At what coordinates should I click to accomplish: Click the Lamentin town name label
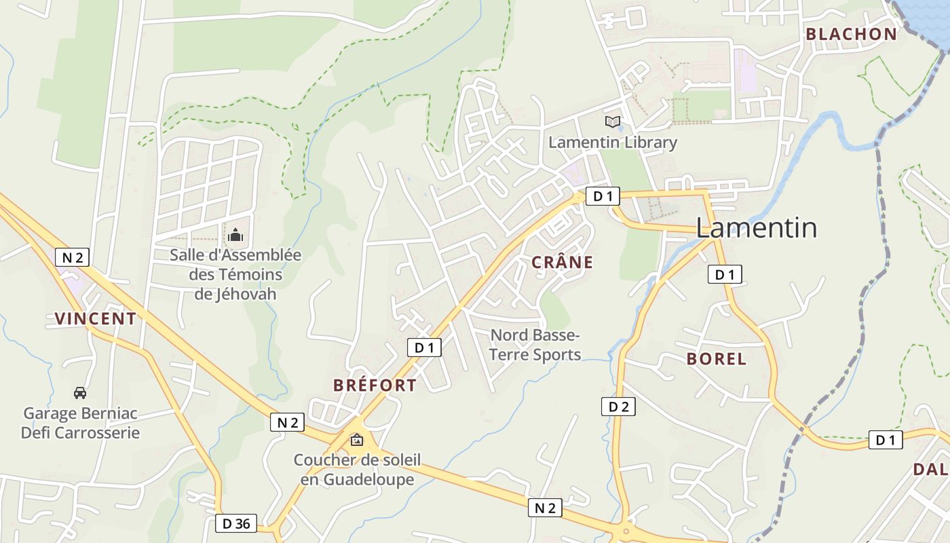(x=756, y=228)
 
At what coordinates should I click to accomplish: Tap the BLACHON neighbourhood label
(x=851, y=35)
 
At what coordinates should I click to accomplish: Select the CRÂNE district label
(x=562, y=263)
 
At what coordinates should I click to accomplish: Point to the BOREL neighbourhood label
(x=716, y=359)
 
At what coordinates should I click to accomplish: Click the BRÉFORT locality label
(x=375, y=386)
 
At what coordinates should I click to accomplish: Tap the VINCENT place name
(x=95, y=318)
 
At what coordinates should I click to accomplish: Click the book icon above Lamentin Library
(x=613, y=121)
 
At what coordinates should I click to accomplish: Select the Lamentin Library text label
(x=613, y=143)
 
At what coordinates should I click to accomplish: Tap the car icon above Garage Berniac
(x=80, y=392)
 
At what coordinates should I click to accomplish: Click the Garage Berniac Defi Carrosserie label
(x=80, y=423)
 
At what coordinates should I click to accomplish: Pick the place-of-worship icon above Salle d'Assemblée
(x=235, y=236)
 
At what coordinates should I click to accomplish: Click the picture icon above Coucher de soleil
(x=356, y=440)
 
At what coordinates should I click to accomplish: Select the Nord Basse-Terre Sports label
(x=535, y=345)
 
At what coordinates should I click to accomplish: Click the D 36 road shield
(x=236, y=523)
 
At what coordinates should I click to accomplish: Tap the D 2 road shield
(x=618, y=407)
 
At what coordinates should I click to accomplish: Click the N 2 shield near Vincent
(x=72, y=257)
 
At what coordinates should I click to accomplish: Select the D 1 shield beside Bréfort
(x=424, y=348)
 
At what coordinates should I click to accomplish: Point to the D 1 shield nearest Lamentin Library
(x=603, y=197)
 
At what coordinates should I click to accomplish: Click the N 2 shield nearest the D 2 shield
(x=545, y=508)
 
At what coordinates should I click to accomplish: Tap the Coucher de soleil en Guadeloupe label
(x=357, y=470)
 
